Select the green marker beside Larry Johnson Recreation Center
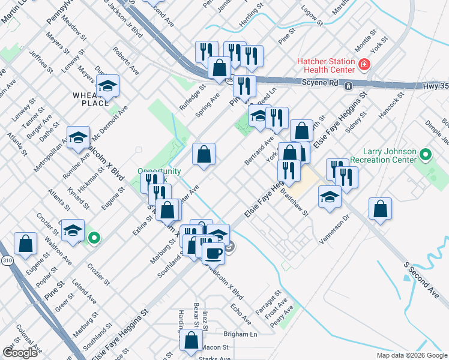426,155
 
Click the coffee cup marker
213,253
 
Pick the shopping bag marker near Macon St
191,340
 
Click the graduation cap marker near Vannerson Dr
330,197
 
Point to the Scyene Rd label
319,85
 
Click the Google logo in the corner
20,352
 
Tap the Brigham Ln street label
240,334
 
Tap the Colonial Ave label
28,338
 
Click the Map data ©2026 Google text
412,355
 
